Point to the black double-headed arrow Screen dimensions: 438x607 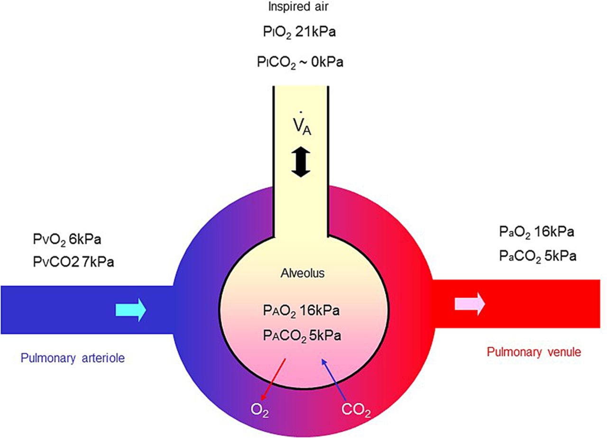pyautogui.click(x=300, y=162)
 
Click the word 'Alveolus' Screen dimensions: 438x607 pyautogui.click(x=301, y=274)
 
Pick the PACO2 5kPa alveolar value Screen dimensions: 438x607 pyautogui.click(x=301, y=335)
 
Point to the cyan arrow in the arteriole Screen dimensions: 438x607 pyautogui.click(x=131, y=310)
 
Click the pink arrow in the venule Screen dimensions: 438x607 pyautogui.click(x=469, y=304)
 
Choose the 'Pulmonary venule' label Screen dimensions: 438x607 pyautogui.click(x=533, y=352)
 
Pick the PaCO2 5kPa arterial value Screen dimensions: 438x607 pyautogui.click(x=538, y=256)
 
